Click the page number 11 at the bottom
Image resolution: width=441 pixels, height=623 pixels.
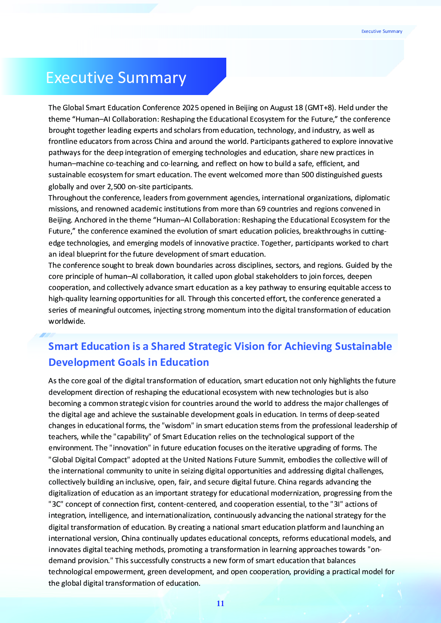[220, 603]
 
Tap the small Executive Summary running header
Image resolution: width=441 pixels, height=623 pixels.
[381, 32]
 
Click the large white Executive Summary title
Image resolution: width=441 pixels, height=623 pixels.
[116, 78]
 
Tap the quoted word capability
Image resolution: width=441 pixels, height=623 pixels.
[132, 436]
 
